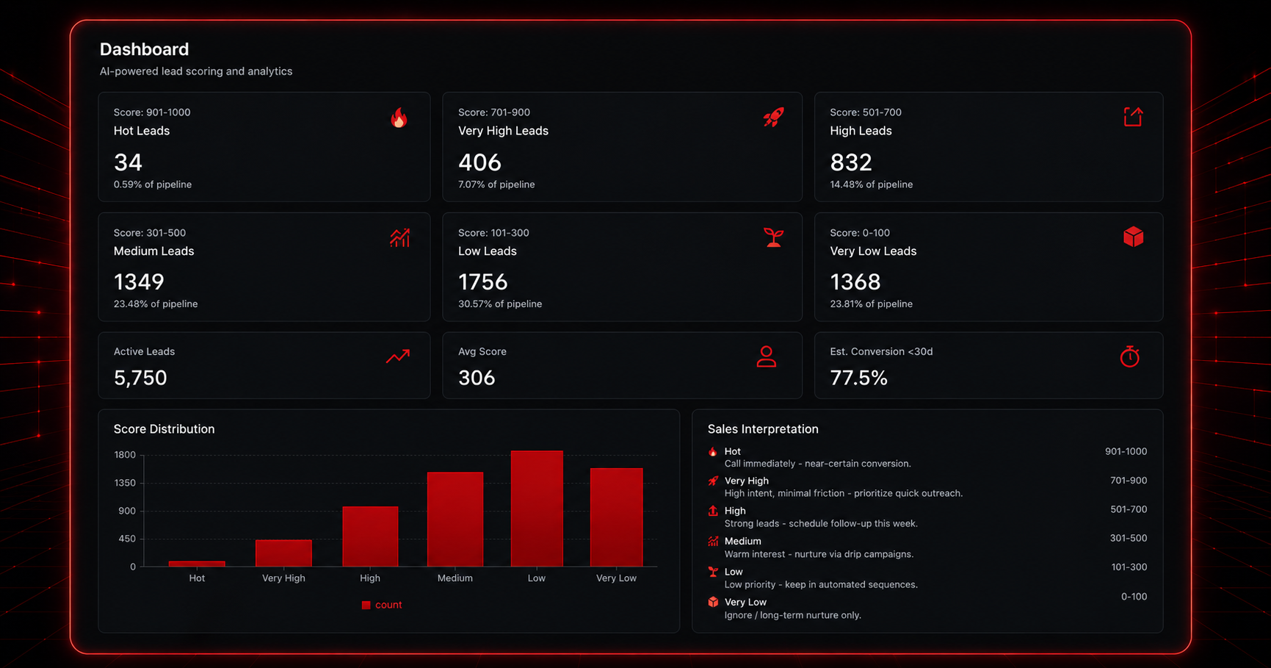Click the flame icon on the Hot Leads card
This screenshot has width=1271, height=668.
pyautogui.click(x=399, y=118)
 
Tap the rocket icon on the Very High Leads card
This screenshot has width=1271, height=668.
pyautogui.click(x=773, y=117)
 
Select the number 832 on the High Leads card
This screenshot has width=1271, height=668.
pyautogui.click(x=851, y=162)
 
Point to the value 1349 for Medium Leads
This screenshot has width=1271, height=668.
pyautogui.click(x=139, y=281)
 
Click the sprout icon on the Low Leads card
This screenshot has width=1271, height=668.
pyautogui.click(x=773, y=237)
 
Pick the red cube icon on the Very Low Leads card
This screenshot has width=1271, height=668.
pyautogui.click(x=1133, y=237)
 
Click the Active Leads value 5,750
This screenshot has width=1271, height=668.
pyautogui.click(x=140, y=378)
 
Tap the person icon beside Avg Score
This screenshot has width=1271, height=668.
pyautogui.click(x=767, y=356)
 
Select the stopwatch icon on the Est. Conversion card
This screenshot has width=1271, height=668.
pyautogui.click(x=1130, y=356)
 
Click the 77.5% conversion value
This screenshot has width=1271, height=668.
pyautogui.click(x=859, y=378)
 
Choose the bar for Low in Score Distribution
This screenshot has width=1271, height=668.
pyautogui.click(x=537, y=509)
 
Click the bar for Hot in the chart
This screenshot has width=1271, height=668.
pyautogui.click(x=197, y=564)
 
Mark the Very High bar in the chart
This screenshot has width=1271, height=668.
pyautogui.click(x=283, y=553)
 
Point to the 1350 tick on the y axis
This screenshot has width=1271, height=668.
pyautogui.click(x=125, y=483)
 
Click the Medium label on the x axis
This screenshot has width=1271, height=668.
pyautogui.click(x=455, y=578)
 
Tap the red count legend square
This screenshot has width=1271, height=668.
pyautogui.click(x=366, y=605)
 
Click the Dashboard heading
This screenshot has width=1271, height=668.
pyautogui.click(x=145, y=49)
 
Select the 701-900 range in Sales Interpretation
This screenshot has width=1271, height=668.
pyautogui.click(x=1129, y=481)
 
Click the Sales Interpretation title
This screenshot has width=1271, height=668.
pyautogui.click(x=763, y=429)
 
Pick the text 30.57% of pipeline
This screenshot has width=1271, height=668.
pyautogui.click(x=500, y=304)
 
